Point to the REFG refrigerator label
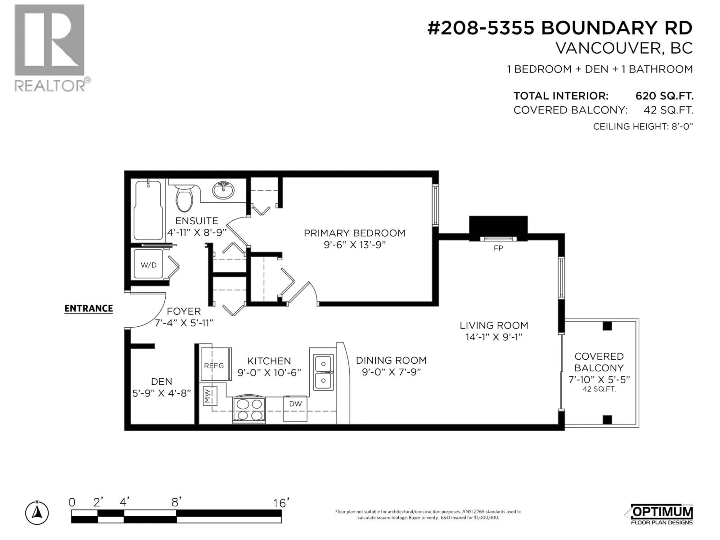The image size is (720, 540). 214,366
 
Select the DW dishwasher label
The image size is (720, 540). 295,404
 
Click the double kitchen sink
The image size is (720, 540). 323,372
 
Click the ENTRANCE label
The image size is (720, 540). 88,308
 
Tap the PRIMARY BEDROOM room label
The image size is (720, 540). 354,233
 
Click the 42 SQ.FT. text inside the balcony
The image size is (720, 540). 599,389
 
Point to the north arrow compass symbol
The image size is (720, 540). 37,513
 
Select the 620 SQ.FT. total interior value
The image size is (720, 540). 664,96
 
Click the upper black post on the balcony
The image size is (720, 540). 607,326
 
